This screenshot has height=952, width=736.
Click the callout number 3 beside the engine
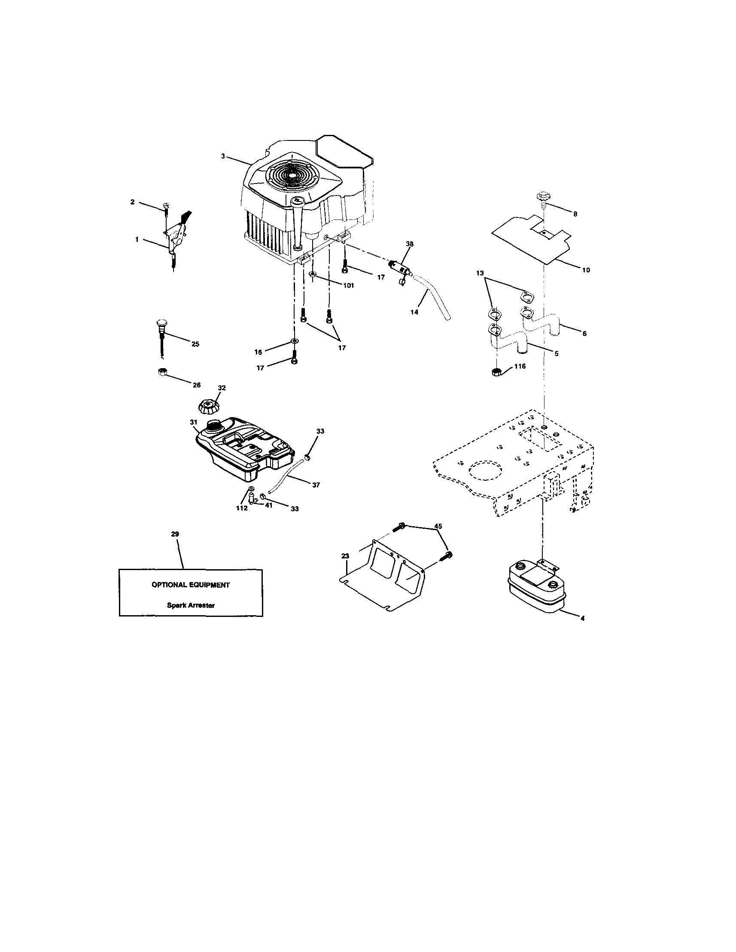(x=223, y=156)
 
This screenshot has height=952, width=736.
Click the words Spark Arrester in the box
(x=191, y=605)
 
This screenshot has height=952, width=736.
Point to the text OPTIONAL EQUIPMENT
(x=190, y=585)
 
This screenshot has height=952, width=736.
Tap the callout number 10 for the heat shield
(x=586, y=270)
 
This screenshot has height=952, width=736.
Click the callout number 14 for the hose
(x=414, y=312)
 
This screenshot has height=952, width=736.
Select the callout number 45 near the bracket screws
(x=438, y=526)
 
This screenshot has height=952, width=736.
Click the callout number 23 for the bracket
(x=345, y=556)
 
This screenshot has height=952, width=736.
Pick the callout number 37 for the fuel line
(x=316, y=485)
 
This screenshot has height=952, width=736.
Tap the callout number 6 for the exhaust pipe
(x=584, y=333)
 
